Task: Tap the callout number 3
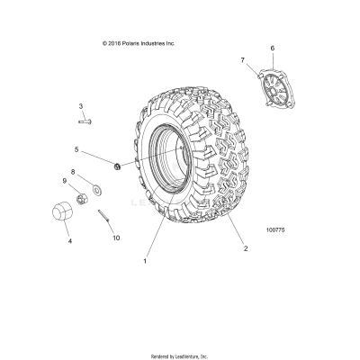point(80,105)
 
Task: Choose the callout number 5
point(76,149)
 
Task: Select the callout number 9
point(64,181)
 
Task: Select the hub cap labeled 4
point(64,217)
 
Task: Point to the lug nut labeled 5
point(117,165)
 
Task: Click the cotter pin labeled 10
point(106,219)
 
